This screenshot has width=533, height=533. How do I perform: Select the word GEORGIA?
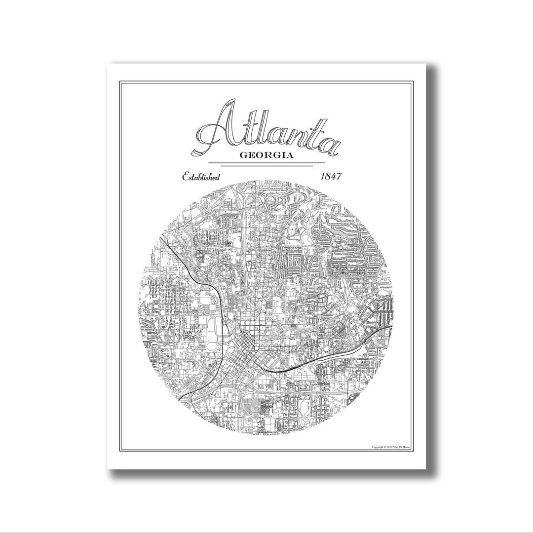[x=266, y=155]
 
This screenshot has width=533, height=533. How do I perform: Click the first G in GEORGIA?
[x=243, y=155]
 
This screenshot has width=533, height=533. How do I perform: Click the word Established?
[x=201, y=177]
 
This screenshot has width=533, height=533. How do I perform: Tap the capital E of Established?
[x=186, y=177]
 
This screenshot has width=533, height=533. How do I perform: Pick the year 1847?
[x=332, y=177]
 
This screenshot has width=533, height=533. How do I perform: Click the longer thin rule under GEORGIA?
[x=266, y=162]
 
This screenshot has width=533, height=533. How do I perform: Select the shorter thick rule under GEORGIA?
[x=266, y=166]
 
